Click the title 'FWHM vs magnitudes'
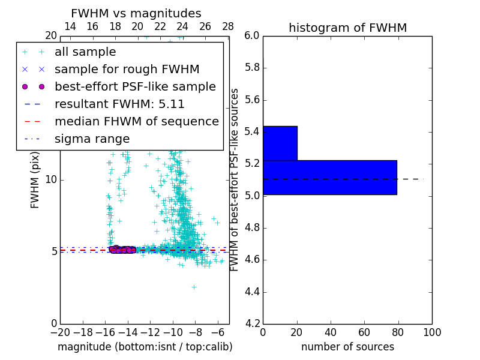click(x=136, y=14)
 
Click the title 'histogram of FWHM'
click(x=347, y=28)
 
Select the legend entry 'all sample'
click(x=85, y=52)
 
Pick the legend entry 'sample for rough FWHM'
click(x=127, y=69)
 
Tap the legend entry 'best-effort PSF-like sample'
click(x=135, y=86)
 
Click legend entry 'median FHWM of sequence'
click(x=136, y=121)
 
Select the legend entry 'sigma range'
click(x=92, y=139)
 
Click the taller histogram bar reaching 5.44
click(x=280, y=143)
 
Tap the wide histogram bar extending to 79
click(x=329, y=177)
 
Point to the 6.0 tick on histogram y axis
click(x=252, y=35)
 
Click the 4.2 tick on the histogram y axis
click(x=252, y=323)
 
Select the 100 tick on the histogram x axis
click(x=432, y=332)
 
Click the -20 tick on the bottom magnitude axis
click(x=60, y=332)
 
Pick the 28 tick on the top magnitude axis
click(x=228, y=26)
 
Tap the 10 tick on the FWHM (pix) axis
click(x=51, y=179)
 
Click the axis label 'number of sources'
click(x=347, y=347)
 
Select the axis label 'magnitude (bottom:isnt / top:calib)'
click(x=145, y=347)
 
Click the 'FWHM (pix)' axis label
click(x=35, y=179)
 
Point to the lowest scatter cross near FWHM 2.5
click(x=194, y=287)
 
